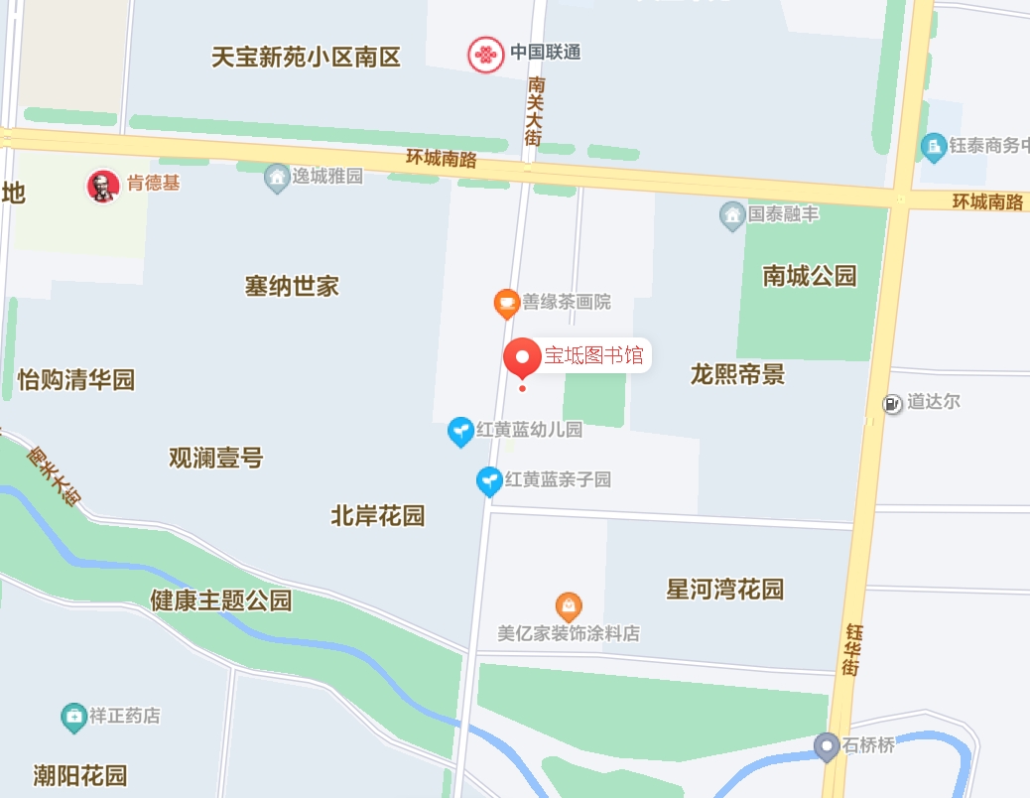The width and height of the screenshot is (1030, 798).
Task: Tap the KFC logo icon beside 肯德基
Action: tap(101, 186)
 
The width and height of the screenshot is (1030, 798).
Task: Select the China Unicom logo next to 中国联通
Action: tap(485, 54)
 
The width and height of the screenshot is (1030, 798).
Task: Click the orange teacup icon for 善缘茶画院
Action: tap(507, 303)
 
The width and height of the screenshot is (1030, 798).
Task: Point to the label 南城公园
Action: tap(809, 276)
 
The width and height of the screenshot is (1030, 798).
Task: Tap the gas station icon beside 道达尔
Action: tap(893, 403)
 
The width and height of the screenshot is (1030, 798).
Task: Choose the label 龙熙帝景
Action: tap(737, 374)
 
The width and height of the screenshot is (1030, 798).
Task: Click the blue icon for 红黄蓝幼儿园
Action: tap(460, 431)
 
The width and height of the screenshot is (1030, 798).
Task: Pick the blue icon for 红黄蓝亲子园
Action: tap(489, 480)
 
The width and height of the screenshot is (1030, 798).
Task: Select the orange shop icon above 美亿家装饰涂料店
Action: tap(569, 604)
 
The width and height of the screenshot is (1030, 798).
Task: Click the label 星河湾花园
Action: tap(724, 590)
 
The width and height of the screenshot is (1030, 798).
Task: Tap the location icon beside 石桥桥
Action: tap(827, 745)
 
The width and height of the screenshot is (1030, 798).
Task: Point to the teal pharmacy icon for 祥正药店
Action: tap(73, 716)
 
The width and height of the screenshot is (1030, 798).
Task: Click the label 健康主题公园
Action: tap(221, 600)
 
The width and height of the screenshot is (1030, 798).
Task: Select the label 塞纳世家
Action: tap(292, 287)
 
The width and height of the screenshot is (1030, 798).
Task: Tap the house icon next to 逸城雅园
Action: tap(277, 178)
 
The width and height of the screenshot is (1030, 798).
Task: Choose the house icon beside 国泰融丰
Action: tap(732, 213)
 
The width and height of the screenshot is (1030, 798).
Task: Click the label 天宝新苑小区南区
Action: tap(306, 57)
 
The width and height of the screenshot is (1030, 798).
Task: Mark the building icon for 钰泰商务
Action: tap(933, 146)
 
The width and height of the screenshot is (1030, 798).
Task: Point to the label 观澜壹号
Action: tap(215, 459)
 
